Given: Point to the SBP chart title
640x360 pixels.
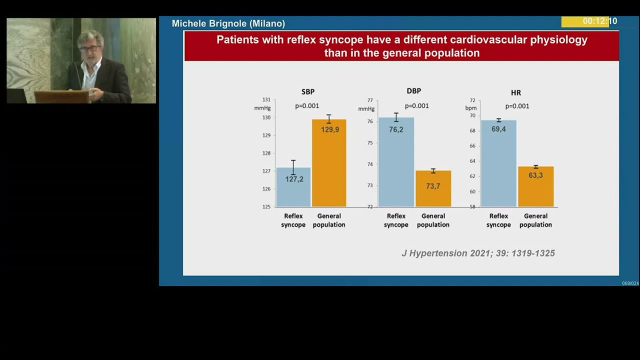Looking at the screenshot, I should click(x=308, y=92).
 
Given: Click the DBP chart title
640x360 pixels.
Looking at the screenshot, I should click(x=414, y=91).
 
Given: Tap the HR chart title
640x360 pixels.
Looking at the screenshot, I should click(x=516, y=93).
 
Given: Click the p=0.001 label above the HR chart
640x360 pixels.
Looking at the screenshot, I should click(x=517, y=106).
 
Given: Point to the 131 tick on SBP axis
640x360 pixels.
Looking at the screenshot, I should click(x=266, y=100).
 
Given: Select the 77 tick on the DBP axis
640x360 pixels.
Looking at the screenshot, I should click(x=370, y=100).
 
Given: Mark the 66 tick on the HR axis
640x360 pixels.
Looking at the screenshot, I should click(x=472, y=146).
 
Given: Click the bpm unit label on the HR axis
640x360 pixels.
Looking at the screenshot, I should click(x=470, y=108).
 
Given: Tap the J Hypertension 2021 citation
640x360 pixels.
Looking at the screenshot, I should click(x=478, y=253).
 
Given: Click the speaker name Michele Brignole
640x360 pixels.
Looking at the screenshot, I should click(x=228, y=23).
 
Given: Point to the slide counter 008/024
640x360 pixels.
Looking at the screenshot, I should click(x=630, y=283).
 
